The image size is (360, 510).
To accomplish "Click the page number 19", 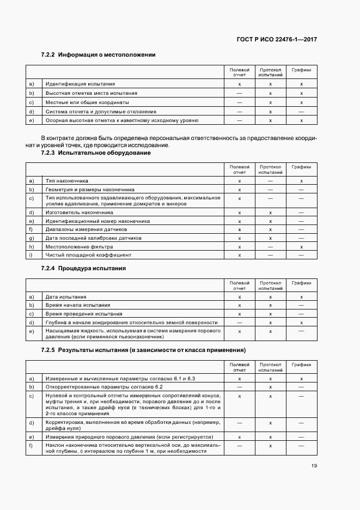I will tap(314, 465).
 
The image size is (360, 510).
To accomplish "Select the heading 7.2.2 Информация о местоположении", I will tap(99, 54).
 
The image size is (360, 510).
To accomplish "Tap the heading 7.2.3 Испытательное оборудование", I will tap(96, 153).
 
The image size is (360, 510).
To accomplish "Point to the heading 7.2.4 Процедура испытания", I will tap(83, 269).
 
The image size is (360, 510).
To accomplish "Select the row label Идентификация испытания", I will tap(80, 84).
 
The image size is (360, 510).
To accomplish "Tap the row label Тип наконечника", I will tap(67, 180).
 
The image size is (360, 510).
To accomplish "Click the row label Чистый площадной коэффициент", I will tap(88, 255).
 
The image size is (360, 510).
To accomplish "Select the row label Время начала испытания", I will tap(78, 305).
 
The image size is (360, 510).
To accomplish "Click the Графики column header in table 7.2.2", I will tap(301, 70).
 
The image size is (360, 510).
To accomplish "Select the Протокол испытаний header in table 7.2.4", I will tap(270, 286).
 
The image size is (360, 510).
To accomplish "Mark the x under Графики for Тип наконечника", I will tap(301, 180).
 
